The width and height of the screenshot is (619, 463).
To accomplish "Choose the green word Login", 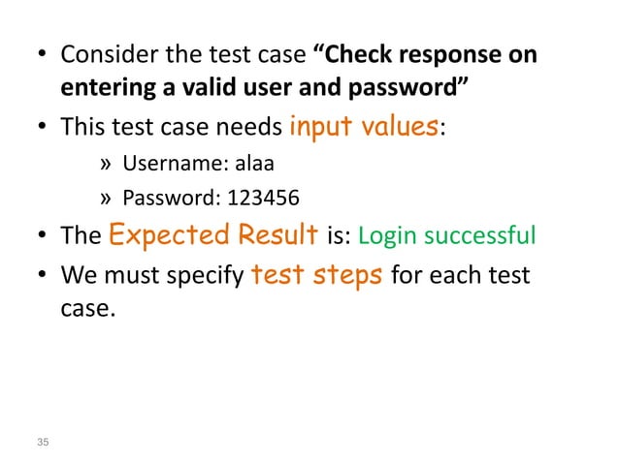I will coord(391,238).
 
